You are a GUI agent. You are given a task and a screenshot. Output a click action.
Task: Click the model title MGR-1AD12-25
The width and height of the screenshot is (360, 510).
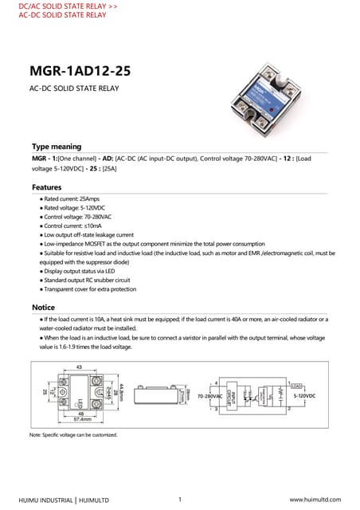point(80,71)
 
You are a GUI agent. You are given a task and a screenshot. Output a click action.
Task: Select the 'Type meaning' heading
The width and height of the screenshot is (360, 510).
point(57,147)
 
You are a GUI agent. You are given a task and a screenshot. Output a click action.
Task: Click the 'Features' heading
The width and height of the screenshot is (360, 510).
point(47,187)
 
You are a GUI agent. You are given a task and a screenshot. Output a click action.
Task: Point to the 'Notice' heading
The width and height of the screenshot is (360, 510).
point(43,307)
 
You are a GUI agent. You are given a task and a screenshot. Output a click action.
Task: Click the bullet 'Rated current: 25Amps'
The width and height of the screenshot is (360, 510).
point(72,198)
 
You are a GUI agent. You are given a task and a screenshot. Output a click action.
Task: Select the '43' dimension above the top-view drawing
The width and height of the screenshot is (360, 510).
point(79,367)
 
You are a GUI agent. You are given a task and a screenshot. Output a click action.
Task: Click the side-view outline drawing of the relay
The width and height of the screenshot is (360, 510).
point(155,396)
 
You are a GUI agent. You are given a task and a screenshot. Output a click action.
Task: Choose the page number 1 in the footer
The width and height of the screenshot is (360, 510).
point(181,499)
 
